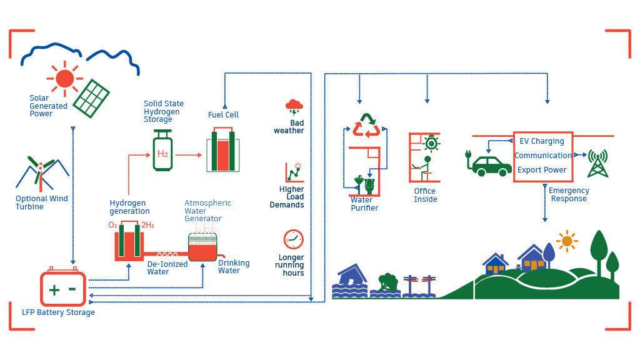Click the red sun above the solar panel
click(64, 78)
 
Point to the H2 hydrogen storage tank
click(162, 152)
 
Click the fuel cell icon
click(222, 151)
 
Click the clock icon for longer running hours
click(293, 239)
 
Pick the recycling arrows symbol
click(366, 125)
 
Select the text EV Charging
click(542, 141)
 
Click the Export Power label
click(542, 170)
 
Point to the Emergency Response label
click(569, 195)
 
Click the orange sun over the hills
click(567, 241)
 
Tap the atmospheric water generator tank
click(202, 247)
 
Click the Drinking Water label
click(233, 267)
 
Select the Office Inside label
click(425, 195)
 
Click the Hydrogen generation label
click(129, 207)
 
